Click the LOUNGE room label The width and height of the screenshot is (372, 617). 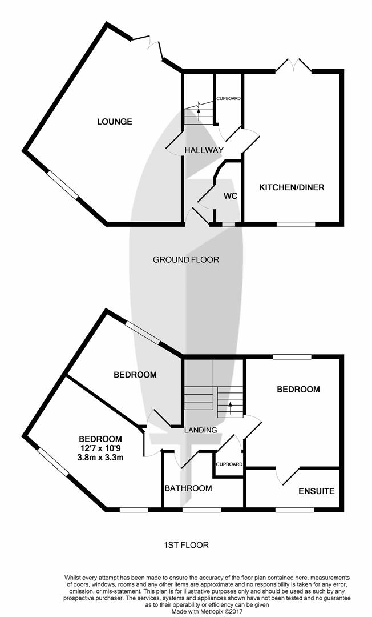(115, 121)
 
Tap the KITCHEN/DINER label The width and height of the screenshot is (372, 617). (292, 187)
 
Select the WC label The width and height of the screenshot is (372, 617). (230, 196)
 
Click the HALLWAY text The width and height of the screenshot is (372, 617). (203, 150)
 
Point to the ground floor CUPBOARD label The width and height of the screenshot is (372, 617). (228, 98)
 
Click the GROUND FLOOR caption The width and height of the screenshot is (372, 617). (186, 260)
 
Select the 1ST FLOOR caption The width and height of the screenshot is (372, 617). (185, 545)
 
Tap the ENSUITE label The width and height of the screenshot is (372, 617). (316, 491)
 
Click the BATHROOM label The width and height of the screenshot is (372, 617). (188, 488)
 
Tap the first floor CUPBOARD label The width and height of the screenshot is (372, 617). (229, 464)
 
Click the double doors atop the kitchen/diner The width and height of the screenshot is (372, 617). (294, 65)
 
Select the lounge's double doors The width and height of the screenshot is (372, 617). (149, 45)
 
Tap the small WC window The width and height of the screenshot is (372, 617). (228, 225)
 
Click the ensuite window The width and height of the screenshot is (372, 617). (294, 509)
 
